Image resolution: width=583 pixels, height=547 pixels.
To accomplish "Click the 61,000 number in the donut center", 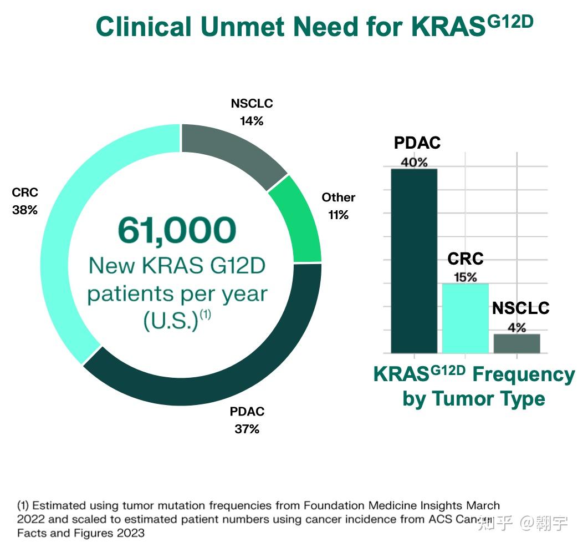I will [x=177, y=230].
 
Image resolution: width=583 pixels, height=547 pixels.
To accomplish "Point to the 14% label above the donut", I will [x=252, y=121].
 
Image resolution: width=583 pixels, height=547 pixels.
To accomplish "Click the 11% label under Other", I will [x=338, y=215].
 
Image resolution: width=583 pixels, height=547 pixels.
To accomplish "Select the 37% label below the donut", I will [x=247, y=429].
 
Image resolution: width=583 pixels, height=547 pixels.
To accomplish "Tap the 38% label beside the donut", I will [x=25, y=210].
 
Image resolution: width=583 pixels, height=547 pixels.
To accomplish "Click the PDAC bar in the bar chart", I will [x=414, y=261].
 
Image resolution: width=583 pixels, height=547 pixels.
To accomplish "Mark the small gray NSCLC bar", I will [x=516, y=343].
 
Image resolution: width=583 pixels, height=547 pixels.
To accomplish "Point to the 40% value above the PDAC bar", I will [x=414, y=162].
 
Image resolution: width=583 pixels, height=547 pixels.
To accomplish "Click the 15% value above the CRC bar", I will [x=466, y=277].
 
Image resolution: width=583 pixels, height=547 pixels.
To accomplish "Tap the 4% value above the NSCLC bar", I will [x=517, y=327].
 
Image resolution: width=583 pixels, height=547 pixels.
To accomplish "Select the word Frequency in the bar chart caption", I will [x=523, y=375].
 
